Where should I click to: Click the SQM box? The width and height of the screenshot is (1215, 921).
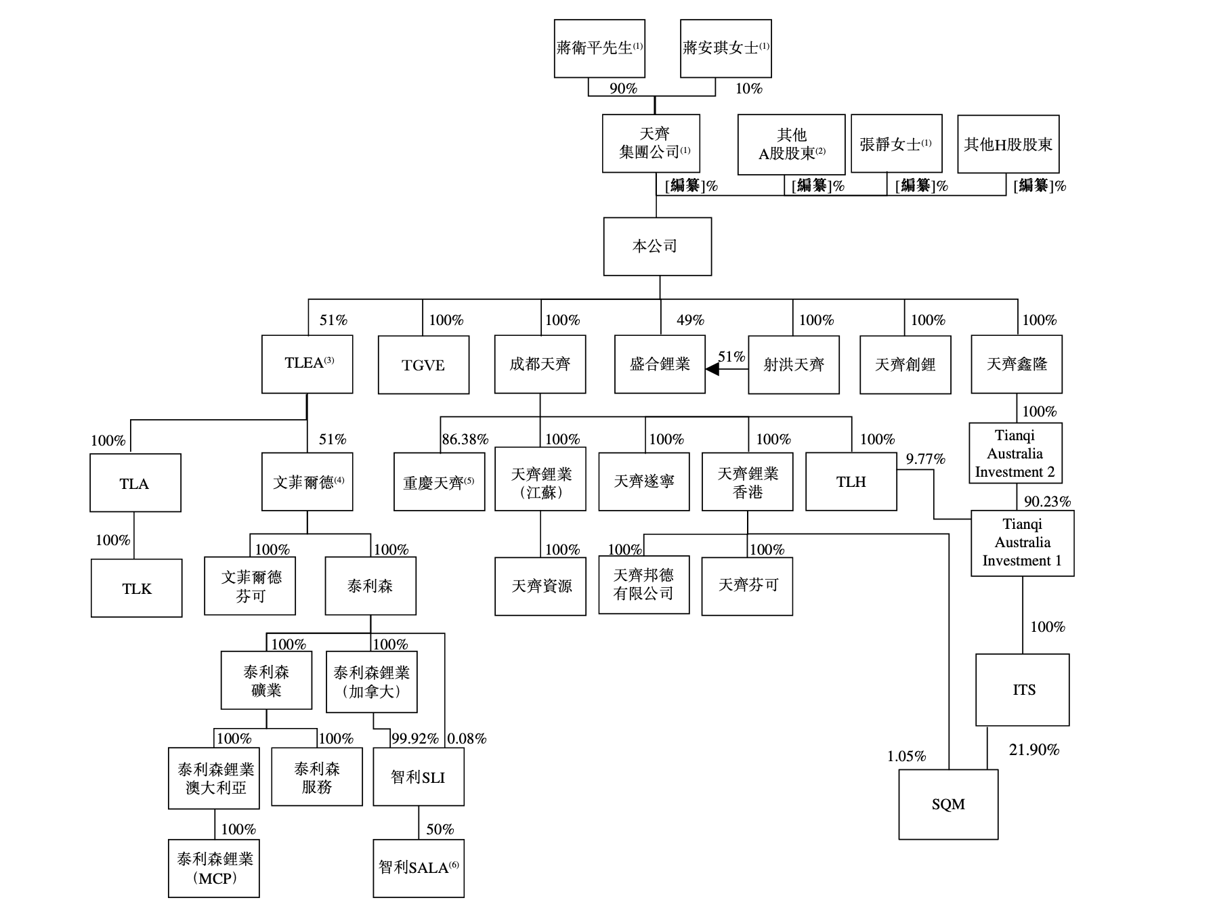tap(947, 805)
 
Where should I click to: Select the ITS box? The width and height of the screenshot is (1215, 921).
tap(1022, 689)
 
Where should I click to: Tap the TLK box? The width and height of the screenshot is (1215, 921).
tap(136, 588)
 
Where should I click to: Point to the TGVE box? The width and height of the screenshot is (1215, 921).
tap(423, 365)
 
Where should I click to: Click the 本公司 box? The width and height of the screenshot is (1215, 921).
tap(657, 247)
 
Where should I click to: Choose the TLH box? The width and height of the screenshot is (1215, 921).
tap(851, 481)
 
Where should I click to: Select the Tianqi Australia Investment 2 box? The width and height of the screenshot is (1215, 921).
tap(1015, 453)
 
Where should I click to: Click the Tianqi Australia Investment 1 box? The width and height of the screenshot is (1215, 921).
tap(1022, 542)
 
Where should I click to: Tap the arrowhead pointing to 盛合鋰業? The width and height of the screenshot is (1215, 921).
tap(712, 369)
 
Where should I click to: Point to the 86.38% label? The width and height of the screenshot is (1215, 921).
tap(465, 440)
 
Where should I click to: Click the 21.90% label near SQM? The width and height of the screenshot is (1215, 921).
tap(1033, 750)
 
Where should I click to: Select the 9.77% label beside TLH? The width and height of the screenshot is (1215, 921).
tap(925, 459)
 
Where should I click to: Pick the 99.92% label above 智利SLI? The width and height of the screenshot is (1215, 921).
tap(414, 739)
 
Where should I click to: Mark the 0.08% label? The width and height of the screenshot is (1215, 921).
tap(467, 739)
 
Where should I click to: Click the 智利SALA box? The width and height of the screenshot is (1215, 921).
tap(418, 868)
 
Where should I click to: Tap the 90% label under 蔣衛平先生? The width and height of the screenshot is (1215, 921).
tap(623, 89)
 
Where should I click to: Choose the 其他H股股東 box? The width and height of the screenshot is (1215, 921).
tap(1008, 144)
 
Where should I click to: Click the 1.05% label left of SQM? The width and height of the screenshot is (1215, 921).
tap(906, 756)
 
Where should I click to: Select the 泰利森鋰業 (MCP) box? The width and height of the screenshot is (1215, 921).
tap(214, 868)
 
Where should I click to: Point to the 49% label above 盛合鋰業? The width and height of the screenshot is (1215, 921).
tap(690, 320)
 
